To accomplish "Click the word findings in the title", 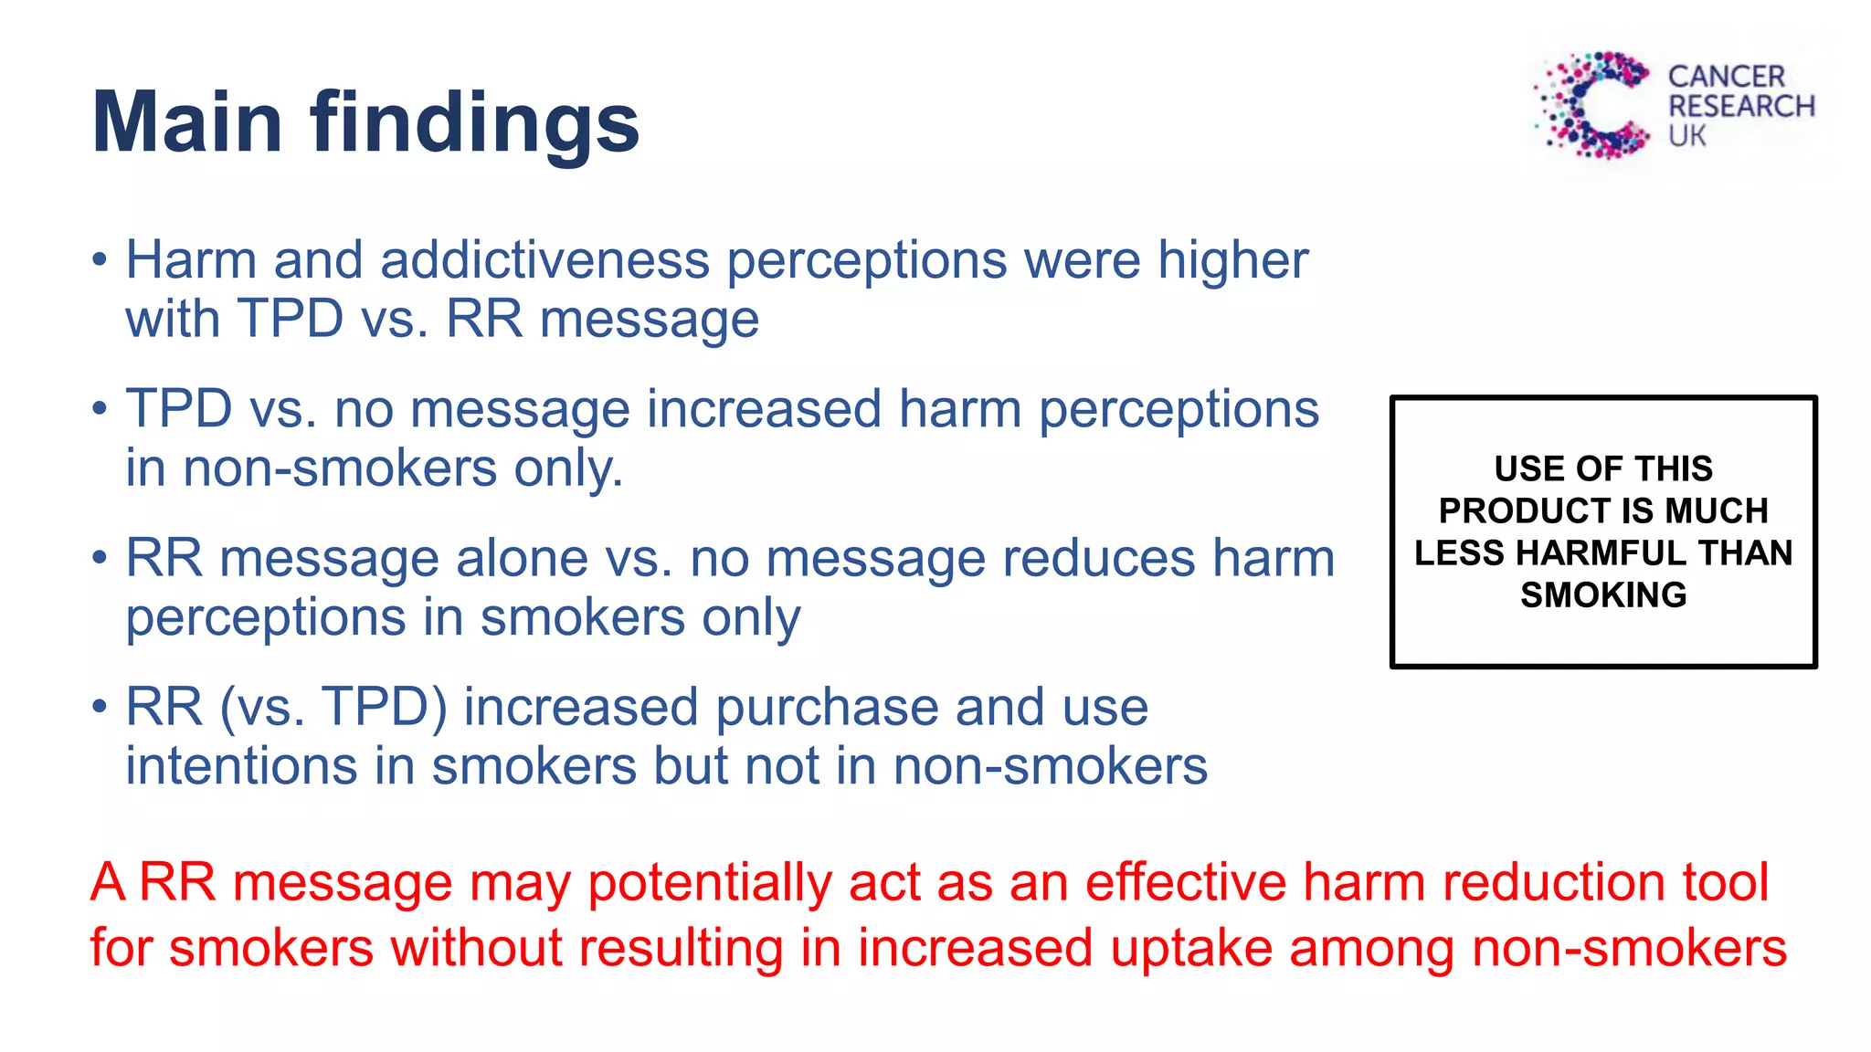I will tap(474, 124).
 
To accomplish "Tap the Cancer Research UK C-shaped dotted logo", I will tap(1595, 105).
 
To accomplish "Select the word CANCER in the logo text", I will tap(1726, 77).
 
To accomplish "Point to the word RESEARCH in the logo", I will tap(1741, 107).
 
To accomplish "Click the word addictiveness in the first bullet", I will tap(544, 260).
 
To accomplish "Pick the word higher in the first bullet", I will tap(1232, 261).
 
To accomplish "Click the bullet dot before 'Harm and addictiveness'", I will tap(100, 260).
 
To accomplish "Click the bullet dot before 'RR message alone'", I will tap(100, 558).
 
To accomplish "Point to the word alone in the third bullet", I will tap(522, 558).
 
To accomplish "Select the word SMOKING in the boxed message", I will tap(1603, 594).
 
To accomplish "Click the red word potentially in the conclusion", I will tap(709, 883).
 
